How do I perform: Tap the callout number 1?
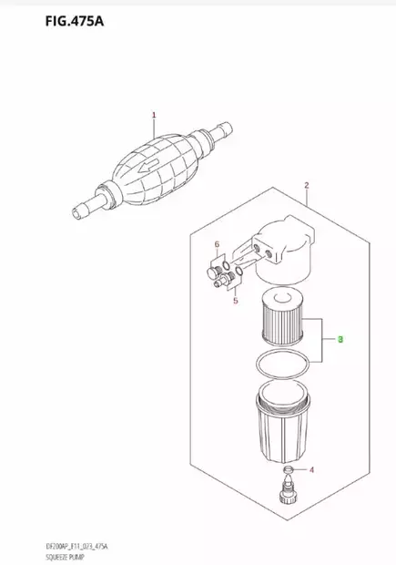[x=154, y=115]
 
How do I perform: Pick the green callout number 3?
[x=340, y=340]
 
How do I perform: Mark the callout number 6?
[x=217, y=245]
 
